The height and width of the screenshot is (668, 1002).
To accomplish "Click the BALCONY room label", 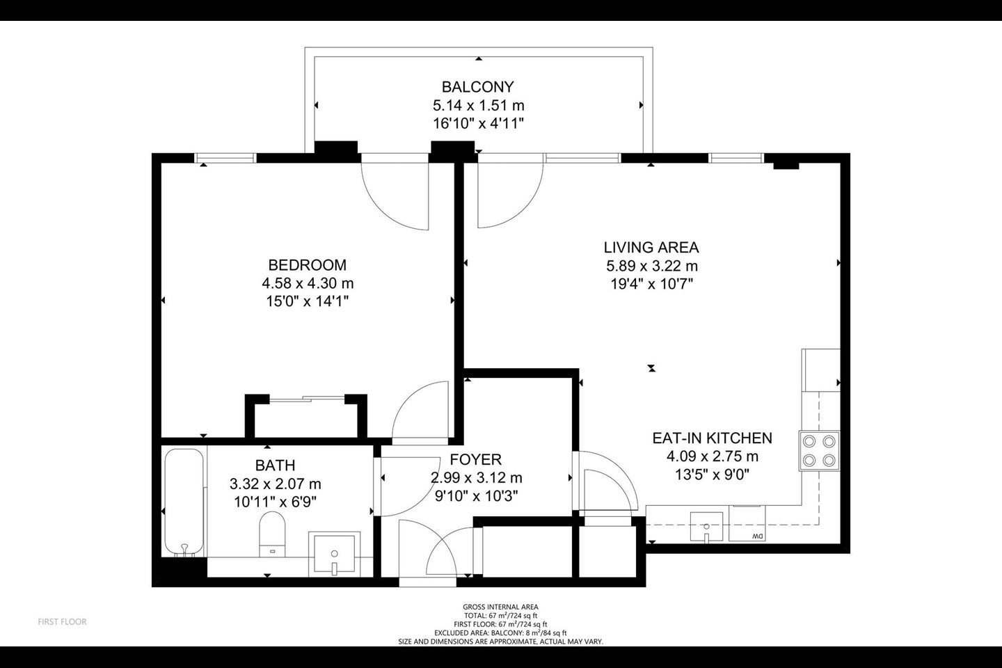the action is pyautogui.click(x=478, y=86).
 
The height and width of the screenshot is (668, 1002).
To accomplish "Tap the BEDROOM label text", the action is pyautogui.click(x=308, y=265).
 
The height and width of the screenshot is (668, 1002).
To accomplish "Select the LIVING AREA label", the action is pyautogui.click(x=651, y=248).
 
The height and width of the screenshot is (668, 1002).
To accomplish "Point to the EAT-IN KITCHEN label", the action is pyautogui.click(x=712, y=438).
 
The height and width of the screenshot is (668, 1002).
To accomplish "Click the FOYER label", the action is pyautogui.click(x=475, y=459).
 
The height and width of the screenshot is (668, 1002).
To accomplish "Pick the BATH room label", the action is pyautogui.click(x=275, y=466).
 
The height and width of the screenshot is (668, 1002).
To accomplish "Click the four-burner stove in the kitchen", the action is pyautogui.click(x=820, y=451).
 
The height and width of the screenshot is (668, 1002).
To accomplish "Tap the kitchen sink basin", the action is pyautogui.click(x=706, y=527).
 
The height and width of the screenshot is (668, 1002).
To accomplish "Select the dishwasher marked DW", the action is pyautogui.click(x=747, y=523).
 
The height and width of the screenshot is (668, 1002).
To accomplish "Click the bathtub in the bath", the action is pyautogui.click(x=184, y=502).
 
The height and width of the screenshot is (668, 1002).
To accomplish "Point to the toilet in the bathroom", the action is pyautogui.click(x=273, y=534).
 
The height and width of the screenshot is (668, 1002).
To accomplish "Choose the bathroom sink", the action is pyautogui.click(x=334, y=553).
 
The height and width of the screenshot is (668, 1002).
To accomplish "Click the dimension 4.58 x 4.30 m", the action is pyautogui.click(x=308, y=283).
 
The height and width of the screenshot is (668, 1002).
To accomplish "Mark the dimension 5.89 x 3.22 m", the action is pyautogui.click(x=652, y=267).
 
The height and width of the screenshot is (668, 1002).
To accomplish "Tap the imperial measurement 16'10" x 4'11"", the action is pyautogui.click(x=478, y=123).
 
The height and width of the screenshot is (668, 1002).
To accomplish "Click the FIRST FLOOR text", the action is pyautogui.click(x=62, y=621).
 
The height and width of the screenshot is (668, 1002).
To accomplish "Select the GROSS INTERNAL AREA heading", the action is pyautogui.click(x=500, y=607).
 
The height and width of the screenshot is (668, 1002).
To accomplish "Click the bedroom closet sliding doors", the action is pyautogui.click(x=306, y=399).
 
